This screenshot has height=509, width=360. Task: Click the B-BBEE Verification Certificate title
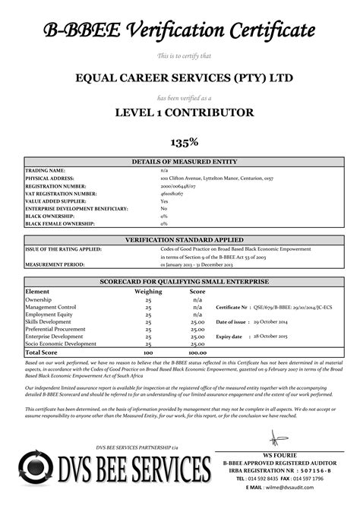(179, 30)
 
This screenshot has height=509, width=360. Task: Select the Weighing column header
(148, 292)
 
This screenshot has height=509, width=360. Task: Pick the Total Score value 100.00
(197, 353)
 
